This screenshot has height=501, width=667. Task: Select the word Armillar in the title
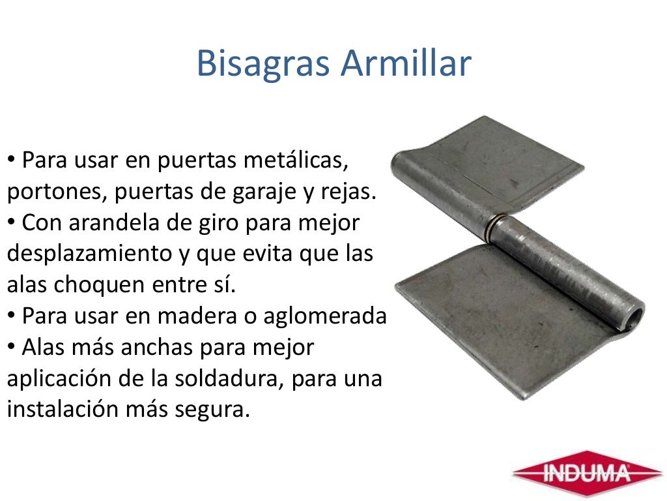pyautogui.click(x=406, y=64)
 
